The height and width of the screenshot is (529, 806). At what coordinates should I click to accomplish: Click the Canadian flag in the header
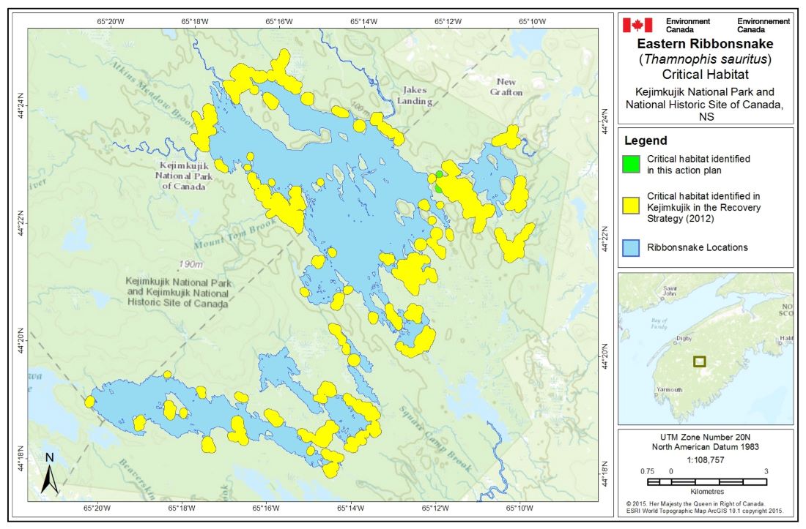pyautogui.click(x=637, y=26)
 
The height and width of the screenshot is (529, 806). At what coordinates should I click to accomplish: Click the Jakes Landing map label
pyautogui.click(x=414, y=96)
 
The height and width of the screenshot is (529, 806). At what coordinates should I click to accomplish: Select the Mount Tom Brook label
pyautogui.click(x=229, y=239)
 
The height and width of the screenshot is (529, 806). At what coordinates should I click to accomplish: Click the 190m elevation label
pyautogui.click(x=191, y=263)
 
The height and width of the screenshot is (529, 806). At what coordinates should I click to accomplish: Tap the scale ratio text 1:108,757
pyautogui.click(x=706, y=458)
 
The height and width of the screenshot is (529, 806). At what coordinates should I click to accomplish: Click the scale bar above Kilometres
pyautogui.click(x=707, y=482)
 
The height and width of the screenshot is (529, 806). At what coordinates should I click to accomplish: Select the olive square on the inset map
pyautogui.click(x=700, y=361)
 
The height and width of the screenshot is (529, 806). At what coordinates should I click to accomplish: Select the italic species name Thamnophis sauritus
pyautogui.click(x=706, y=59)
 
